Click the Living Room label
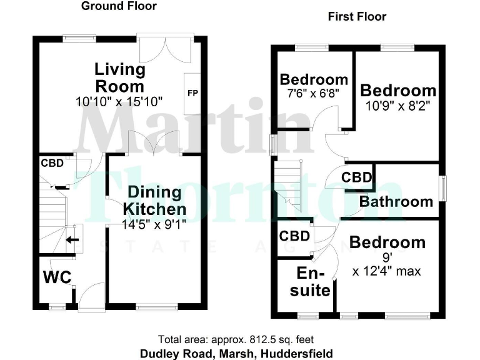point(119,77)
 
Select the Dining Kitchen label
point(154,200)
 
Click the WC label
point(57,276)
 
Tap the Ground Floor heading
point(119,6)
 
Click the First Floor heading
point(357,17)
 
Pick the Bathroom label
point(396,201)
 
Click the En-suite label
point(313,282)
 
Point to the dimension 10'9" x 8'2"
point(398,107)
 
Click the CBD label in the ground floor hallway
point(52,164)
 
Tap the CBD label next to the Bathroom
point(357,177)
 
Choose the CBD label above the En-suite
point(295,236)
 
